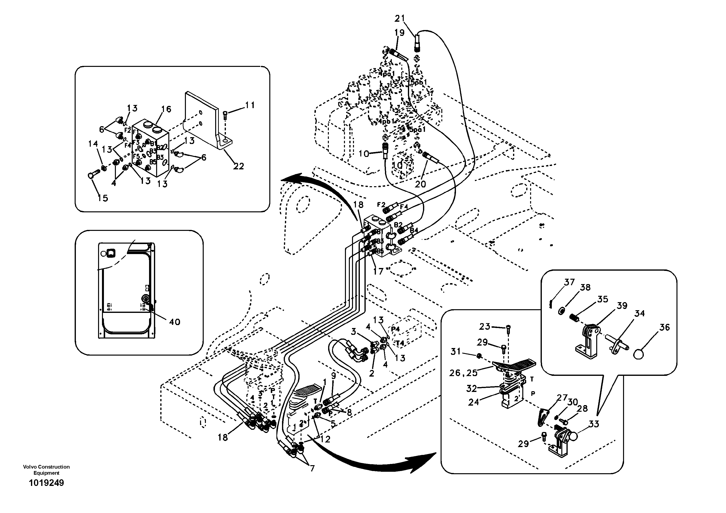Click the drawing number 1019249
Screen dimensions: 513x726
(x=46, y=483)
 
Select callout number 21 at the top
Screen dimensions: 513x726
(x=400, y=19)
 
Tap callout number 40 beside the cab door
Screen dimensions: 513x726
(x=174, y=322)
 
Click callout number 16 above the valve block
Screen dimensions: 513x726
(x=166, y=109)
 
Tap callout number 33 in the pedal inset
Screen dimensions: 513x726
(x=594, y=424)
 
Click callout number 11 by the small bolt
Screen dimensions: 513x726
(x=250, y=105)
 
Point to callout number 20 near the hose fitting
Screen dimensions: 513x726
(x=420, y=184)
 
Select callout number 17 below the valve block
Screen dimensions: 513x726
(x=378, y=271)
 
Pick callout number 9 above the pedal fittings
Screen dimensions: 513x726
(x=333, y=376)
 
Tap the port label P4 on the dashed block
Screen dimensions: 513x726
(x=396, y=329)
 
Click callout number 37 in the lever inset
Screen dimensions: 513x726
(x=569, y=282)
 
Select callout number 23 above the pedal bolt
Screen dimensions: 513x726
(x=484, y=326)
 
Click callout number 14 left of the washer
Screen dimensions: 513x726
(x=93, y=144)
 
